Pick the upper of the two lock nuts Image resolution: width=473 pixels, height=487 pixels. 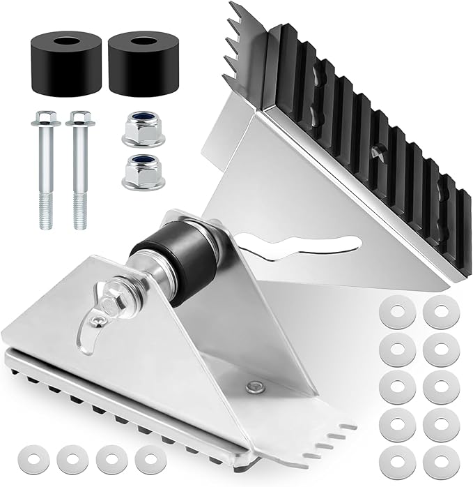point(143,130)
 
